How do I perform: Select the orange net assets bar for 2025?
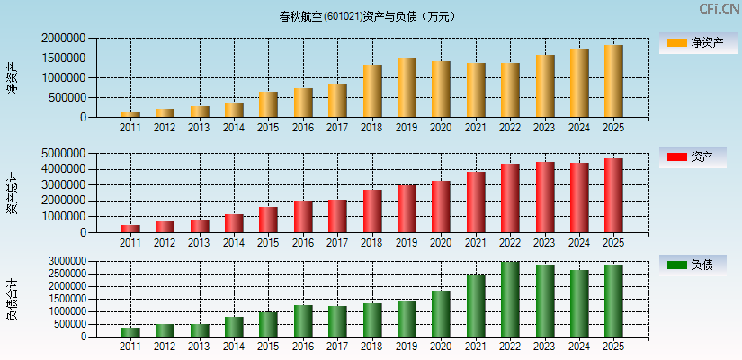[613, 81]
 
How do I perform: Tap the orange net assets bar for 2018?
[372, 91]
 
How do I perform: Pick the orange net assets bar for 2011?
[130, 113]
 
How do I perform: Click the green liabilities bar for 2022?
[510, 299]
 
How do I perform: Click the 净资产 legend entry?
[692, 42]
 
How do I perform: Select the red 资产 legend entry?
[692, 157]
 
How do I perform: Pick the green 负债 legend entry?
[692, 265]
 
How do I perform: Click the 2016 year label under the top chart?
[303, 128]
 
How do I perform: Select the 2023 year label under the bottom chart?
[544, 347]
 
